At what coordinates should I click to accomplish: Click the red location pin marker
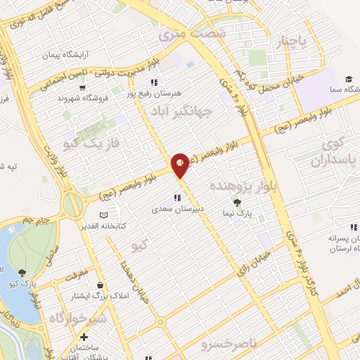point(180,165)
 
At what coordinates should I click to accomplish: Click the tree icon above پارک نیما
point(246,202)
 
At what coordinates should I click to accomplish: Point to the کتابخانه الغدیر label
point(134,226)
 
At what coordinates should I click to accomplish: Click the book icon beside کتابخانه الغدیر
point(105,214)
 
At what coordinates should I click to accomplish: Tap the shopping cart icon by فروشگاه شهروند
point(84,88)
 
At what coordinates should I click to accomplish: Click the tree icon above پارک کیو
point(22,273)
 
